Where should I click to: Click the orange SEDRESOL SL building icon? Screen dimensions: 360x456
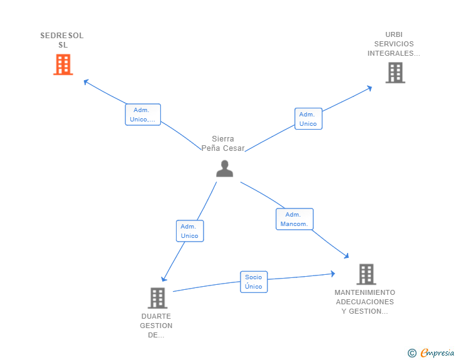(63, 64)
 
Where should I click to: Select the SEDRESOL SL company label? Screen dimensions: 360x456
(62, 40)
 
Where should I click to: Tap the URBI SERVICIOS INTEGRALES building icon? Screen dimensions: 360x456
(395, 73)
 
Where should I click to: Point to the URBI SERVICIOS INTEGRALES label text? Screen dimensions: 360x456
(393, 44)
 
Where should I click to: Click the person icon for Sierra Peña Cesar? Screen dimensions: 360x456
(224, 168)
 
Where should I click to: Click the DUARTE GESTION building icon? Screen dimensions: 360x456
(157, 298)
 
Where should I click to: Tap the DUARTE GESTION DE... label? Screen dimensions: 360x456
(156, 326)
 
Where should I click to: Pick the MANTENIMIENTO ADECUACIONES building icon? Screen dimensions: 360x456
(366, 274)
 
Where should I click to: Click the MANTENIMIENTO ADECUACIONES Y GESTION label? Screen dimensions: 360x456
(365, 302)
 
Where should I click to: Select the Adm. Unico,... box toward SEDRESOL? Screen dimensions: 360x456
(143, 115)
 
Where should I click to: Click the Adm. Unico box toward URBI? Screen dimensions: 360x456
(308, 118)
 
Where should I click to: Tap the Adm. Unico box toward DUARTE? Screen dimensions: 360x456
(190, 231)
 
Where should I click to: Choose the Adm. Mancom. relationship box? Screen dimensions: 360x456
(294, 219)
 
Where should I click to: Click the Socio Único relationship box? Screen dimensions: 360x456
(254, 282)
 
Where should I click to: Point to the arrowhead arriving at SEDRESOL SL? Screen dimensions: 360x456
(86, 81)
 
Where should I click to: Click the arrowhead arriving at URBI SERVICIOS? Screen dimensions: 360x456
(370, 88)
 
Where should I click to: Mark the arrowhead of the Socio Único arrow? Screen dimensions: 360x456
(332, 274)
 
